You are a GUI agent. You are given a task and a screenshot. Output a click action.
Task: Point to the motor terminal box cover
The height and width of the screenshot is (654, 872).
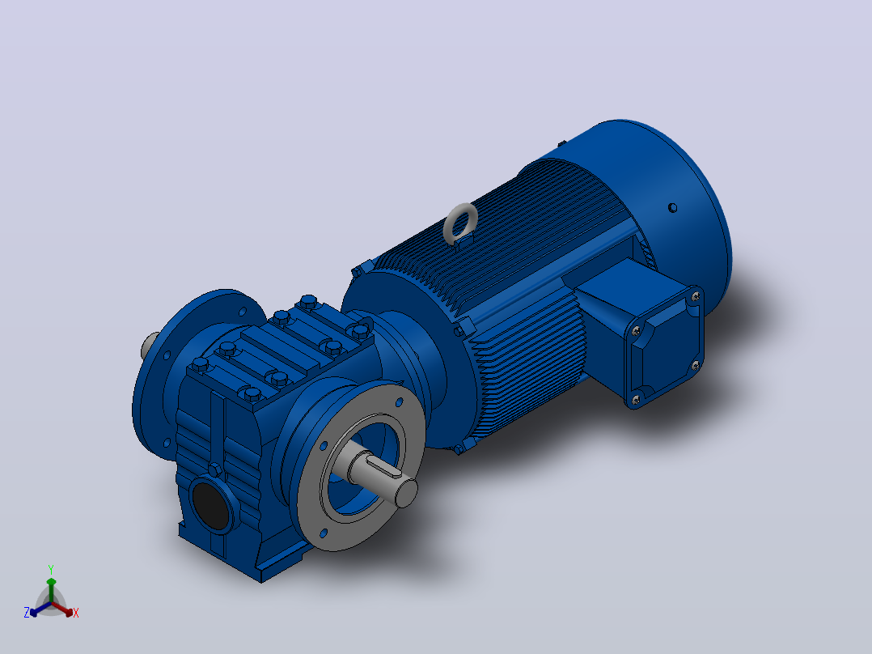pyautogui.click(x=665, y=347)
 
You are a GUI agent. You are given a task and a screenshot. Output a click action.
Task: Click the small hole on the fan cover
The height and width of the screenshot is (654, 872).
pyautogui.click(x=671, y=207)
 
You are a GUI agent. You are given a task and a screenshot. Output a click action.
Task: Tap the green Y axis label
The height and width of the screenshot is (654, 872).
pyautogui.click(x=51, y=569)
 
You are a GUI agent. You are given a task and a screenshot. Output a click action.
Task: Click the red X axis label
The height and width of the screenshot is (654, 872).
pyautogui.click(x=76, y=613)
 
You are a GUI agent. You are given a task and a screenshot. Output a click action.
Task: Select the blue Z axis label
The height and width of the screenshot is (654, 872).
pyautogui.click(x=26, y=613)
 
